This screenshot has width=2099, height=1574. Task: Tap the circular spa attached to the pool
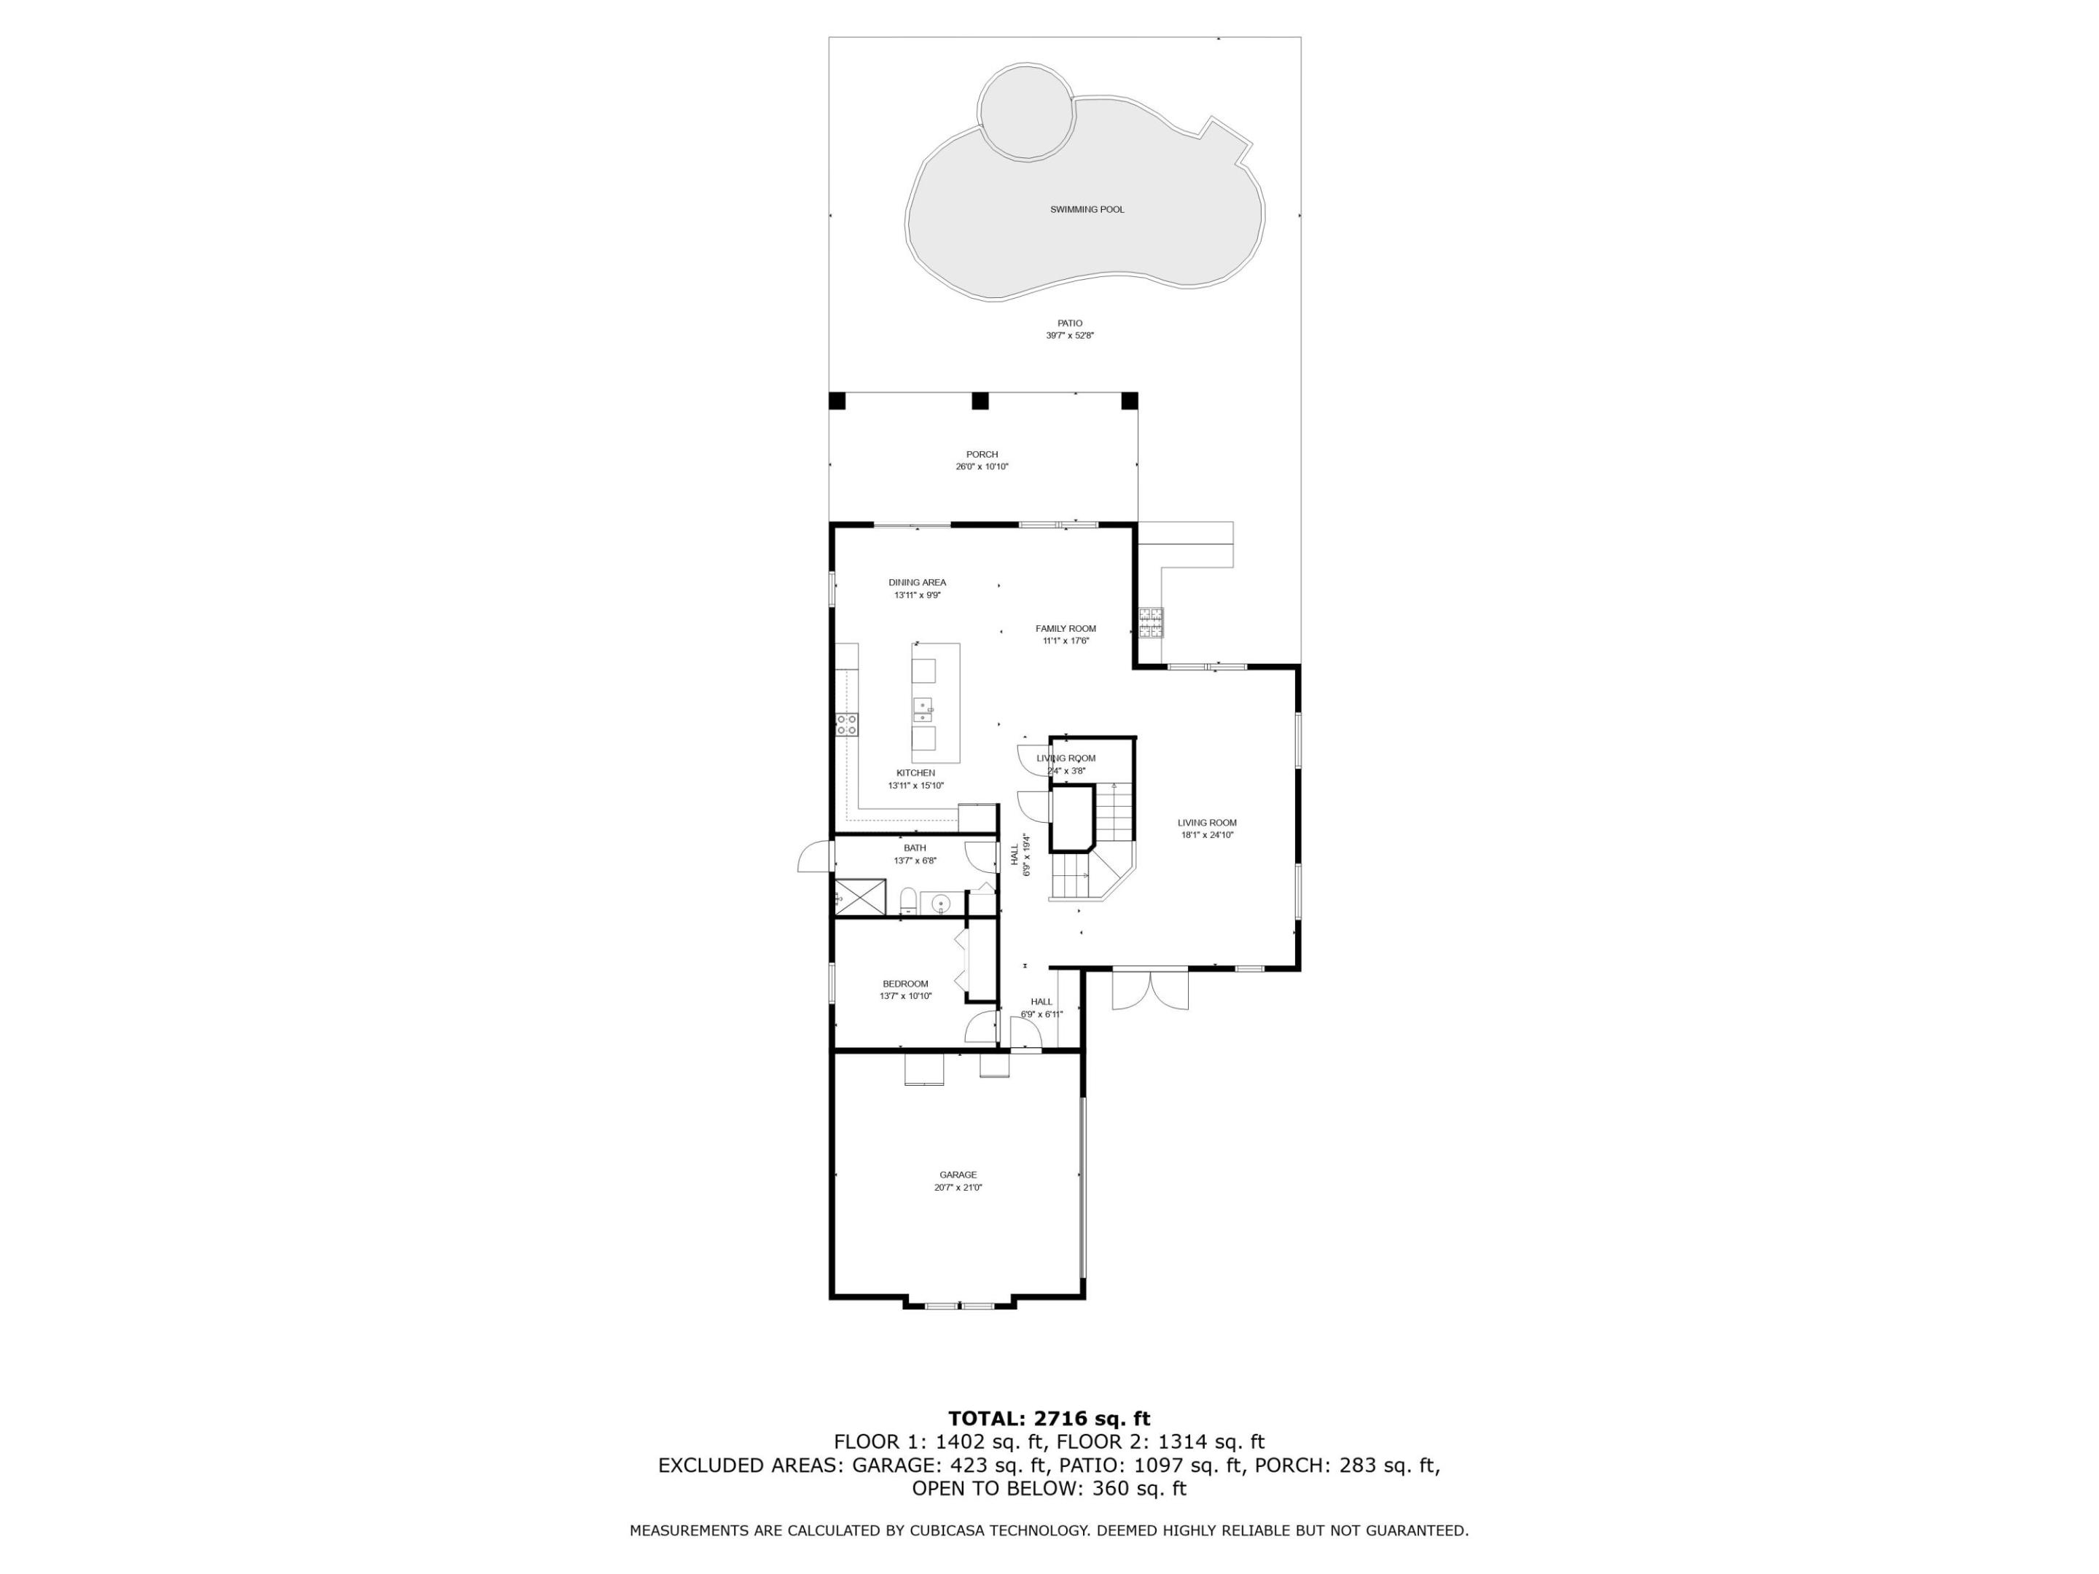click(1027, 111)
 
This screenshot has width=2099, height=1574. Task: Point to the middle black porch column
click(980, 400)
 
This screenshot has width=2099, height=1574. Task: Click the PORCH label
click(982, 455)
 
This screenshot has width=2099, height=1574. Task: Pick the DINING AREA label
click(917, 582)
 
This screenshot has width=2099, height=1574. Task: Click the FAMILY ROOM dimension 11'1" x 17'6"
click(1066, 641)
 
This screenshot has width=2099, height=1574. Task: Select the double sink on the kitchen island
click(923, 709)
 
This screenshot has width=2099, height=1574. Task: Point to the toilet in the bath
click(907, 899)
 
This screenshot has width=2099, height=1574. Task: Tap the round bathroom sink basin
click(940, 902)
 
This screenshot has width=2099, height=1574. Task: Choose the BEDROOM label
click(905, 984)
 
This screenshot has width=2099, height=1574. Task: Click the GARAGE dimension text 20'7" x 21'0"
click(958, 1187)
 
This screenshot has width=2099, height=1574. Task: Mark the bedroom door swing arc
click(980, 1028)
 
